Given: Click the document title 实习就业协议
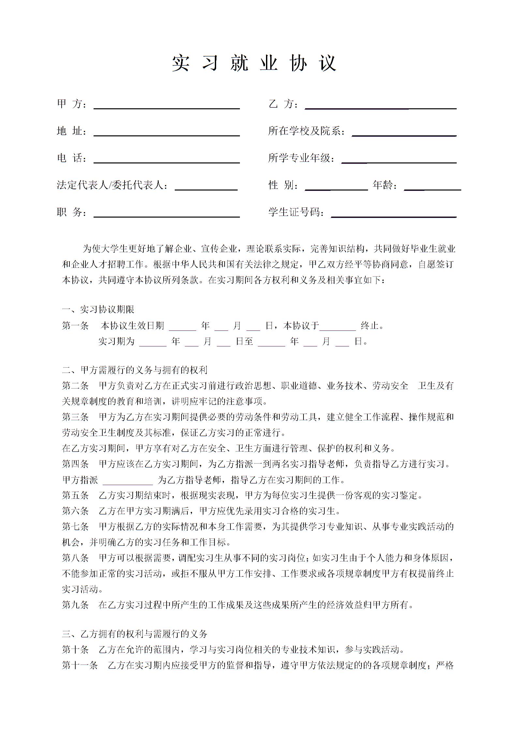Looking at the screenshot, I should click(x=254, y=63).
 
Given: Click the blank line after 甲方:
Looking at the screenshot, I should click(x=167, y=105).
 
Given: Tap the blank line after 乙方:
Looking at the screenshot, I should click(x=380, y=105).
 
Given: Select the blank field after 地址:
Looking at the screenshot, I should click(x=167, y=132).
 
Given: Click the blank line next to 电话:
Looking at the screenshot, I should click(x=167, y=159).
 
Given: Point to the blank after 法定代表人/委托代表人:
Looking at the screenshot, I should click(x=206, y=186).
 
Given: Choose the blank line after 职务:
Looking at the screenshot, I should click(x=167, y=213).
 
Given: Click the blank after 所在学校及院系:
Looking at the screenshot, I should click(x=404, y=132).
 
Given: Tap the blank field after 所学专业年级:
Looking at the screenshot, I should click(x=399, y=159).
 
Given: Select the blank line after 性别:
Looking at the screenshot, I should click(x=336, y=186).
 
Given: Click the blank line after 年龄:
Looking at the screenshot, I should click(x=432, y=186).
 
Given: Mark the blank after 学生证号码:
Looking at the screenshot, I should click(x=393, y=213).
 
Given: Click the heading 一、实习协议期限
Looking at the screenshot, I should click(x=98, y=310).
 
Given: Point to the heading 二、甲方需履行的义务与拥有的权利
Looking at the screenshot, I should click(x=135, y=370).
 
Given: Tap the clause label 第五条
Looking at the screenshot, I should click(x=75, y=496).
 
